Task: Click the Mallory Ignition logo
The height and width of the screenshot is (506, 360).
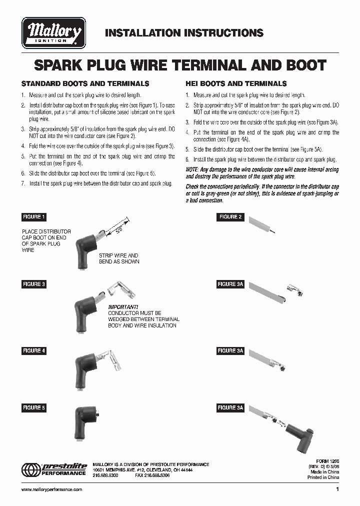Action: coord(53,33)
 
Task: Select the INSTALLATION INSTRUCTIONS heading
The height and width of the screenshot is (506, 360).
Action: coord(184,33)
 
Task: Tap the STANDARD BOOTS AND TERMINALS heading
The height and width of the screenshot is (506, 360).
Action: coord(85,83)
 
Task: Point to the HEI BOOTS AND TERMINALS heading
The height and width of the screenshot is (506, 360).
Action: coord(236,83)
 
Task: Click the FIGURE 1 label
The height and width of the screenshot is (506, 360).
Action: coord(33,217)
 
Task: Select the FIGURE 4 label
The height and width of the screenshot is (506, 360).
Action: coord(33,350)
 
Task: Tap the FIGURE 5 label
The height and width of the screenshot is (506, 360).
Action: coord(33,407)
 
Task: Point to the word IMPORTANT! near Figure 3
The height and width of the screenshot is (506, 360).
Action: coord(123,306)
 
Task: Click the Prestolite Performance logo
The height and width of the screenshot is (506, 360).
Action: coord(53,470)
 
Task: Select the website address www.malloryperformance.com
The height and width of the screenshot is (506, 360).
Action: coord(52,489)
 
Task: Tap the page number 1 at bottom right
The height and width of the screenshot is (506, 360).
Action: coord(337,489)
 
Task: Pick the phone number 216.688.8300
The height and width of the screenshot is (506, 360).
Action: coord(105,475)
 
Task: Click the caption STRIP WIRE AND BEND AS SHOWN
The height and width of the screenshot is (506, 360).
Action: coord(119,258)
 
